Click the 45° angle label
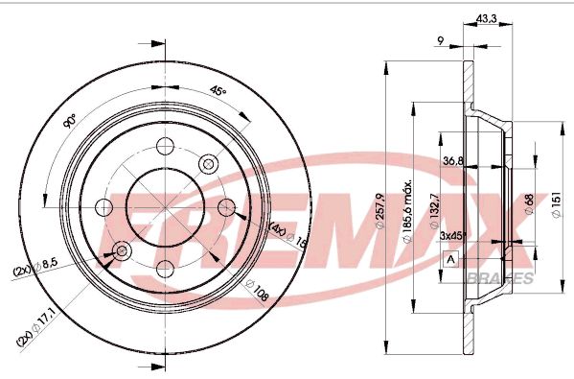coord(218,91)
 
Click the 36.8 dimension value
coord(453,161)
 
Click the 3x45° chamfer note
coord(452,234)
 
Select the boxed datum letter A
coord(451,260)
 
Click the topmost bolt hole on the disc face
coord(163,147)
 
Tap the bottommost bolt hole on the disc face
coord(163,268)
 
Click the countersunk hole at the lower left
coord(121,250)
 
